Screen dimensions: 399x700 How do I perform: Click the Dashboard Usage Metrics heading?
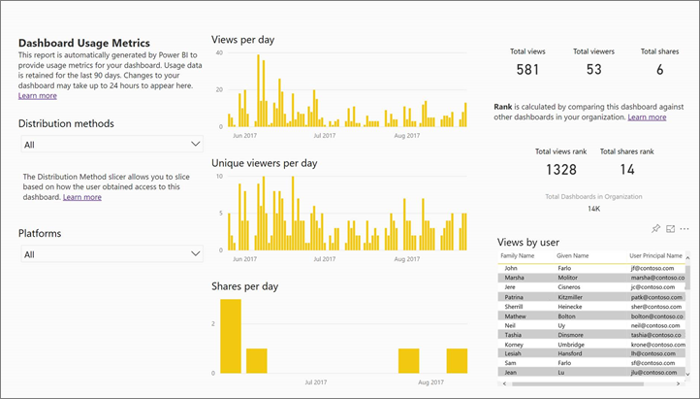tap(84, 43)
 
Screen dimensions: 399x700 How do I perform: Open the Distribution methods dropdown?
tap(111, 144)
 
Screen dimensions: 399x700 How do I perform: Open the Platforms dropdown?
tap(111, 254)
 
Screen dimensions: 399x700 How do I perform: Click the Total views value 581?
tap(527, 70)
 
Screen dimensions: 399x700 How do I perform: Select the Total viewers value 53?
tap(593, 70)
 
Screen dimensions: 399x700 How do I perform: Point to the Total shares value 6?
tap(659, 70)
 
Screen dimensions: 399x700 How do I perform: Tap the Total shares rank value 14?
tap(626, 171)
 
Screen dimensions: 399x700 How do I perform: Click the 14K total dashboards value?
tap(592, 209)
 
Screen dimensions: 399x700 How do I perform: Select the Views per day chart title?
tap(242, 41)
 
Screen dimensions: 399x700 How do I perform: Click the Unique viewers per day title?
tap(264, 163)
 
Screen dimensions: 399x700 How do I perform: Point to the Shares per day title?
tap(244, 286)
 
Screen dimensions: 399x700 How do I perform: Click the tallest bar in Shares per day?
tap(231, 336)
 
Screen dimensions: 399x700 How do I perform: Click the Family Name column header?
tap(519, 255)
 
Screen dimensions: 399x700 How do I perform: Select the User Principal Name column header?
tap(654, 255)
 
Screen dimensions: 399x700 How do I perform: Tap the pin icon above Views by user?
tap(656, 228)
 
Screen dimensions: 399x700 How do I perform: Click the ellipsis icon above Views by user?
tap(684, 228)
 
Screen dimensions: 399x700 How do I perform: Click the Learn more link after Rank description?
tap(647, 116)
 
